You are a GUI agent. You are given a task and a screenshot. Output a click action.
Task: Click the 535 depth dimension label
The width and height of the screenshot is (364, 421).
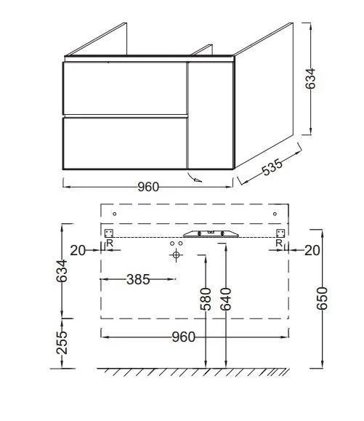(x=272, y=167)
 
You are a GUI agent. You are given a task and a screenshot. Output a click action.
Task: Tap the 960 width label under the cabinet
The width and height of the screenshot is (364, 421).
(x=148, y=187)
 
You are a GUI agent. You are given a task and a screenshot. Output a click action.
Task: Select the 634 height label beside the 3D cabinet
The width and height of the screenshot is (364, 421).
(x=310, y=79)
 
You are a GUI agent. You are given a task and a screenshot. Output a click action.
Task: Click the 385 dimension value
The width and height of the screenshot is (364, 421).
(x=138, y=279)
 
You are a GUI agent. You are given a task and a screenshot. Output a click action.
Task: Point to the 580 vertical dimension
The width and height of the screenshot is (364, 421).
(x=206, y=299)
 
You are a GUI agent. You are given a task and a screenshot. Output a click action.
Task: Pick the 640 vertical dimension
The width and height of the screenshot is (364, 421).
(x=225, y=299)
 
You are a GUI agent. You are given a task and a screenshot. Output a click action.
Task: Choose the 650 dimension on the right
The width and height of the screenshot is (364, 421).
(x=322, y=298)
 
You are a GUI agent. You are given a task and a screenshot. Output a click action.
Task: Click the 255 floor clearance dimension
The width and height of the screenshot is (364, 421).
(x=62, y=342)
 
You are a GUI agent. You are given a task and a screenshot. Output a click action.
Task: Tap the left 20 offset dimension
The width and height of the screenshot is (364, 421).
(x=78, y=251)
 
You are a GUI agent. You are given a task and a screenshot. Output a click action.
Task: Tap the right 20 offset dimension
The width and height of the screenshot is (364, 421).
(x=312, y=251)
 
